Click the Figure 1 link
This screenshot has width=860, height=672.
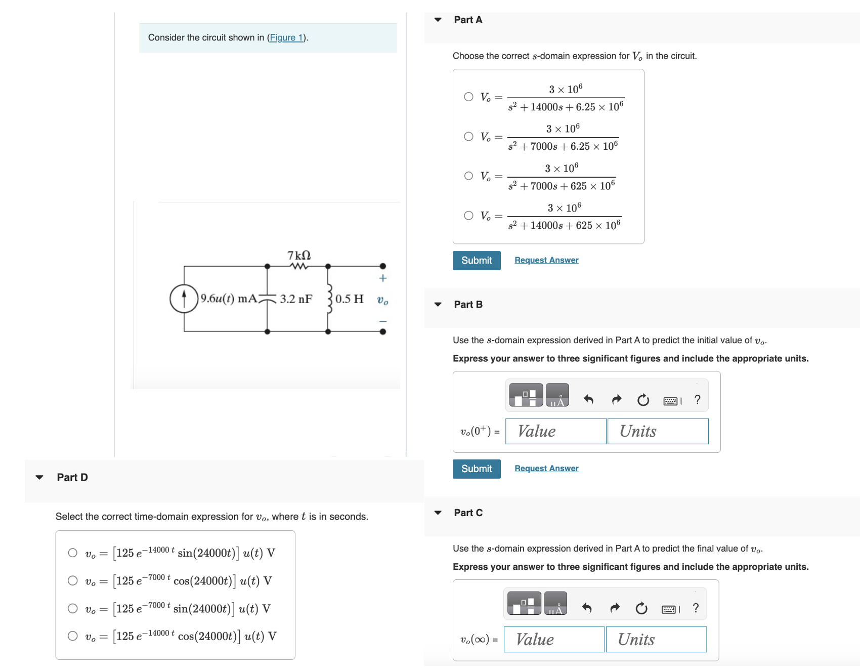(x=286, y=37)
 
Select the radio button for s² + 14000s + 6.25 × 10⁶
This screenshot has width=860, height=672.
(x=469, y=97)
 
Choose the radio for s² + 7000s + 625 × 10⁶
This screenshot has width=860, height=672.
(x=469, y=176)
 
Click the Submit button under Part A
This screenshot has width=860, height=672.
(x=476, y=261)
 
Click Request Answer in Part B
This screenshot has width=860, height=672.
(x=546, y=469)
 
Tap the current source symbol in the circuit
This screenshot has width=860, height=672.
(x=184, y=299)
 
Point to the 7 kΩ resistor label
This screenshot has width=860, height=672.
(x=299, y=255)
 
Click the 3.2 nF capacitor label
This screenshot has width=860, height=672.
(x=296, y=299)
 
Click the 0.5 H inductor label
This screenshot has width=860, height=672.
(x=349, y=299)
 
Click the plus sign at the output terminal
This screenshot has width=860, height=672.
(x=383, y=278)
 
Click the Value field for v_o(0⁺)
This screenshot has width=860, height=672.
(x=555, y=431)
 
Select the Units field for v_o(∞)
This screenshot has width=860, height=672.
(x=656, y=640)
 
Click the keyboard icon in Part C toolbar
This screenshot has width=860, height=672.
(x=669, y=609)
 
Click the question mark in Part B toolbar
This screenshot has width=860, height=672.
(x=698, y=400)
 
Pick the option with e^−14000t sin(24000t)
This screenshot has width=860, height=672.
(x=73, y=553)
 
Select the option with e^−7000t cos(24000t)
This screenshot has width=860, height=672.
(x=73, y=580)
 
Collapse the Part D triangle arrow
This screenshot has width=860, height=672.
(x=39, y=477)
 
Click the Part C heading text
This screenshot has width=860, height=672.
(x=468, y=513)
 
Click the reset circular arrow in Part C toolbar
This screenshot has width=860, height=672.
(x=641, y=608)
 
